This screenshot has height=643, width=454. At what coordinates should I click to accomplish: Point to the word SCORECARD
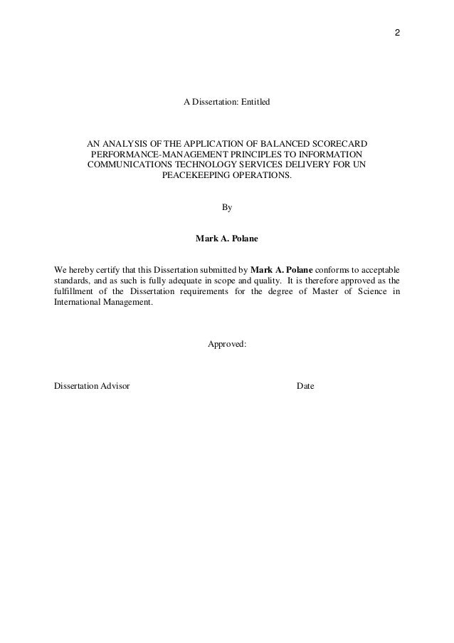click(334, 142)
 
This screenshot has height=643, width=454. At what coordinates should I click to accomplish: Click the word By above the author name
click(227, 207)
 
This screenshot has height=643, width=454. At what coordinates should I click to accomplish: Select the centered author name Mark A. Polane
click(227, 239)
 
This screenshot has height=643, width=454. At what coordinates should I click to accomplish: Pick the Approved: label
click(227, 344)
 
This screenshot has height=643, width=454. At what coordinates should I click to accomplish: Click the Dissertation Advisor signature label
click(92, 386)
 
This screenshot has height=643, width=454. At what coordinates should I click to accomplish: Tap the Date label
click(305, 386)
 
